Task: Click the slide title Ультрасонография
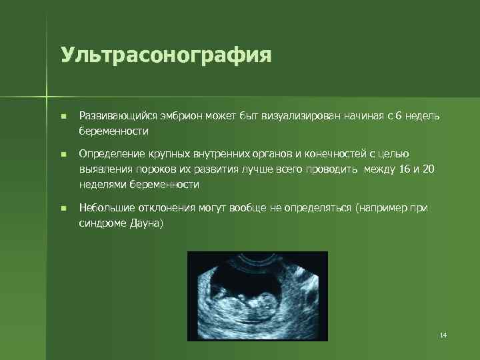(x=166, y=54)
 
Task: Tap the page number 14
(x=443, y=334)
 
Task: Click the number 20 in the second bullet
(x=429, y=169)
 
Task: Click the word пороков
(x=144, y=169)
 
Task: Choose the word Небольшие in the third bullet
(x=103, y=208)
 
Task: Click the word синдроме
(x=101, y=223)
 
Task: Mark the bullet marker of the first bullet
(x=63, y=117)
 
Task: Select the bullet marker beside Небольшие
(x=63, y=209)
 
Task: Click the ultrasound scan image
(x=257, y=295)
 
